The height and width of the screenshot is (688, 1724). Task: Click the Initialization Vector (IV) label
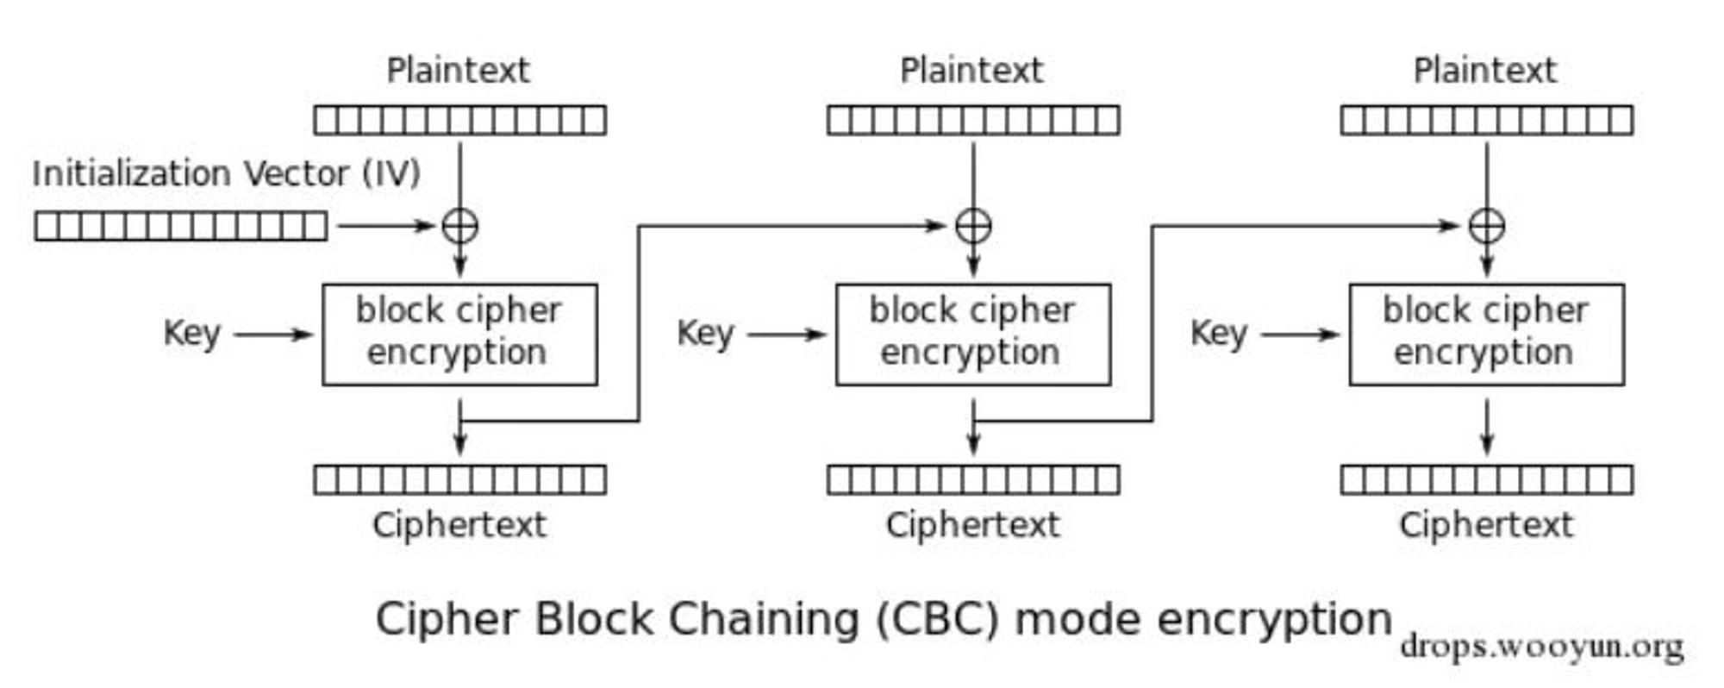[x=226, y=173]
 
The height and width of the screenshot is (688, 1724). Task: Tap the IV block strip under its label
[x=181, y=226]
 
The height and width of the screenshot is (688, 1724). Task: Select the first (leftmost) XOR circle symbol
[x=459, y=226]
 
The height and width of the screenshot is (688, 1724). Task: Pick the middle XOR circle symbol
[x=973, y=226]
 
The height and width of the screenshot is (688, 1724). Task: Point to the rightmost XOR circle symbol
[x=1487, y=226]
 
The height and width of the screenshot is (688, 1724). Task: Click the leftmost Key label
[x=192, y=334]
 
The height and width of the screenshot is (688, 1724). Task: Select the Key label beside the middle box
[x=706, y=334]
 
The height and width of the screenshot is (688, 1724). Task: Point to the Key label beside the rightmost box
[x=1220, y=334]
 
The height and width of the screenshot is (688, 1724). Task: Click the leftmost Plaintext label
[x=459, y=71]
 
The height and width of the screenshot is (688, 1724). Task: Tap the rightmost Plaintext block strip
[x=1487, y=120]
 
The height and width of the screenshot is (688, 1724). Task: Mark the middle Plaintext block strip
[x=973, y=120]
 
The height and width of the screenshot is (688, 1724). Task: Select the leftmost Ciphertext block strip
[x=459, y=479]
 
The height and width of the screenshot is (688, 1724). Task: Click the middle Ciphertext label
[x=973, y=524]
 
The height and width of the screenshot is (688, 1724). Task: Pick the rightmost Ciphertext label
[x=1487, y=524]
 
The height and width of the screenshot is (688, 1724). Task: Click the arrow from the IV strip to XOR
[x=386, y=226]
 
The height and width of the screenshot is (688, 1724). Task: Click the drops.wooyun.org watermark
[x=1542, y=646]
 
